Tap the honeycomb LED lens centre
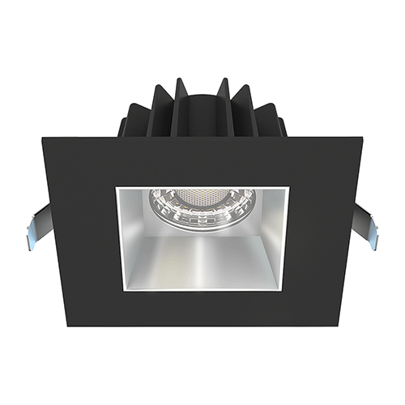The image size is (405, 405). [x=202, y=197]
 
